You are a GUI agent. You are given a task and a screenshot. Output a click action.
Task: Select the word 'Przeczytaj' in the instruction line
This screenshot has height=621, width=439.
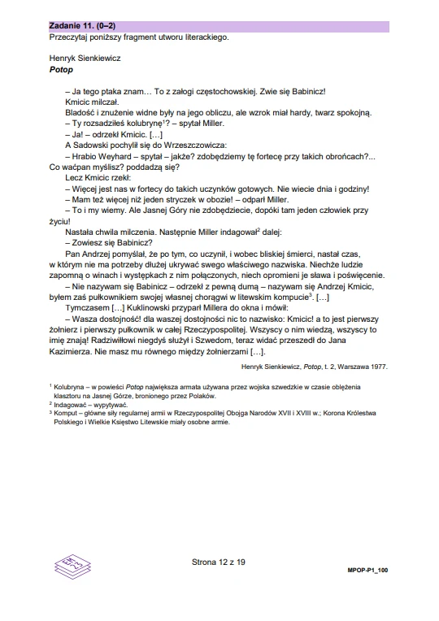coord(69,37)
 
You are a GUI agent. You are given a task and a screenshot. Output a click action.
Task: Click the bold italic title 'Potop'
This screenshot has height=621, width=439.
coord(61,70)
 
